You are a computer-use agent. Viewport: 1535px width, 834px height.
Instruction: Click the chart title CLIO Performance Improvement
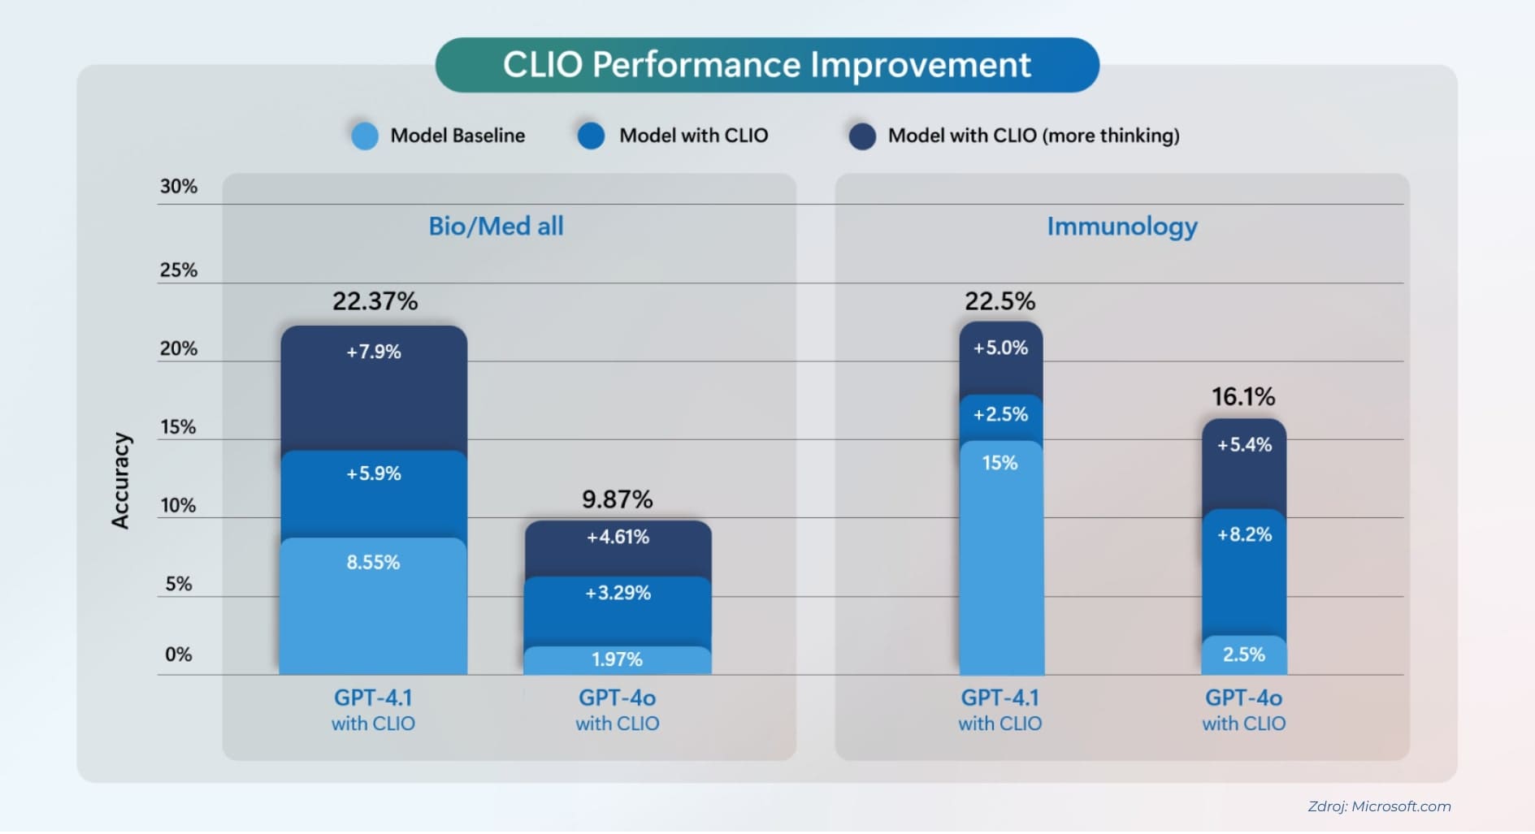click(766, 65)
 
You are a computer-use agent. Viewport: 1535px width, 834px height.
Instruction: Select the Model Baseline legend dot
click(364, 136)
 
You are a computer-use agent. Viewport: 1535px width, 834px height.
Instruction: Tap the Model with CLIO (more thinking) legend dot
click(861, 136)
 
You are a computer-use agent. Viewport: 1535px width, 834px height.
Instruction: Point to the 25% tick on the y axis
click(178, 270)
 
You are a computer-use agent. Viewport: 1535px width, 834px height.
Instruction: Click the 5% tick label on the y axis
click(178, 584)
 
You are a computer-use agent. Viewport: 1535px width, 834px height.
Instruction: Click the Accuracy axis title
click(120, 481)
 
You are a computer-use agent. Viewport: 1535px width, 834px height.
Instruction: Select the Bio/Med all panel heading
click(496, 226)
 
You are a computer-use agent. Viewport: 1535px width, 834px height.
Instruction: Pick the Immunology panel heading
click(1121, 226)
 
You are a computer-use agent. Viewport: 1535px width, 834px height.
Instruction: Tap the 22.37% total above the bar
click(375, 301)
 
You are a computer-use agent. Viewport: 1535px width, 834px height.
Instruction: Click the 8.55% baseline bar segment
click(373, 605)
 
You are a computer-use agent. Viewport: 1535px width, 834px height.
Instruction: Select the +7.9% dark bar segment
click(374, 387)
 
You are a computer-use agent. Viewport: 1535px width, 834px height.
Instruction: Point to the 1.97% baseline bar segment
click(618, 660)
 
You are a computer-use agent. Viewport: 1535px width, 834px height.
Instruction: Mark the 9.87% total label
click(617, 499)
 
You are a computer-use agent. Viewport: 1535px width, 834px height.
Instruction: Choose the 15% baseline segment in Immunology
click(1000, 556)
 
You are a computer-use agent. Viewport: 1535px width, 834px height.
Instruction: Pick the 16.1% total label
click(1243, 397)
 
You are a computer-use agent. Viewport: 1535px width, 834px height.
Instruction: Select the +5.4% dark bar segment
click(1243, 463)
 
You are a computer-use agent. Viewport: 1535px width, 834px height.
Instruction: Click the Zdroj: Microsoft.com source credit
click(1379, 806)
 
